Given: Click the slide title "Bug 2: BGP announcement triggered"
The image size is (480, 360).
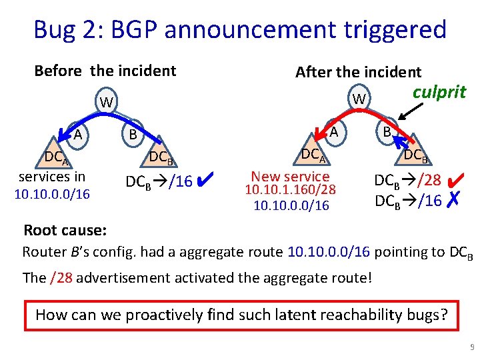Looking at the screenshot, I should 239,30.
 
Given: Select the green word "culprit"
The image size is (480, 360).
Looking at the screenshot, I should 439,92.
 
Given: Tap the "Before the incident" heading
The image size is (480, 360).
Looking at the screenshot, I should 105,71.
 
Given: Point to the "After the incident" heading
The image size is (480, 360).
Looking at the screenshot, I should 358,72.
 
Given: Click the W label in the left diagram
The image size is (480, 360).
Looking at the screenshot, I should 105,103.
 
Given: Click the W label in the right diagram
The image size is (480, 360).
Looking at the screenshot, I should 359,99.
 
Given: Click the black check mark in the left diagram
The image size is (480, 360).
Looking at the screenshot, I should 205,179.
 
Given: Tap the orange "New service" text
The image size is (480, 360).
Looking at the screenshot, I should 290,177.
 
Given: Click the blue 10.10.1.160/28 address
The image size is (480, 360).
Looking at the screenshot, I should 290,191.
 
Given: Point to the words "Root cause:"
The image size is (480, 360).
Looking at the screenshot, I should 65,231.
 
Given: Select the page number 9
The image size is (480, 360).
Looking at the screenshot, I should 471,347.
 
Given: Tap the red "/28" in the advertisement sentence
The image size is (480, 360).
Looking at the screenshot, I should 60,277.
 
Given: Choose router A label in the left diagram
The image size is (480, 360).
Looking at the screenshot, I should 78,135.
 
